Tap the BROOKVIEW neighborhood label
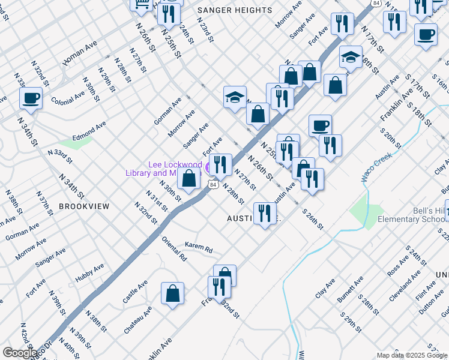pyautogui.click(x=84, y=206)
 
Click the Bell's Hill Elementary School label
pyautogui.click(x=412, y=214)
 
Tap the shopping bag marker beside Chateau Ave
pyautogui.click(x=172, y=294)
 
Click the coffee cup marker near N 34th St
pyautogui.click(x=31, y=98)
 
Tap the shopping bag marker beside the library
pyautogui.click(x=189, y=178)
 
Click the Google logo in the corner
pyautogui.click(x=20, y=353)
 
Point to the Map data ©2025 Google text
pyautogui.click(x=412, y=355)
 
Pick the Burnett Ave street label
pyautogui.click(x=350, y=289)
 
